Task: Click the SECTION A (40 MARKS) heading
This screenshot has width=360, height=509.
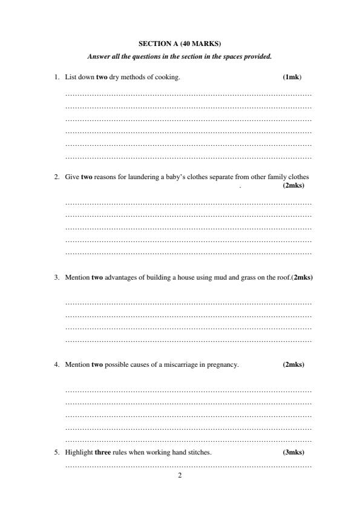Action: [180, 44]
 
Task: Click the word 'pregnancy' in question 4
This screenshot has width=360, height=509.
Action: [223, 364]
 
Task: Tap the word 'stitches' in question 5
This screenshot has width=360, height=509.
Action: [199, 452]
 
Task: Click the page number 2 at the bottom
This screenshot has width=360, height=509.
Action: [180, 475]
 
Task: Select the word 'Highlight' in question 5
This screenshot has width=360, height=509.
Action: [79, 452]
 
